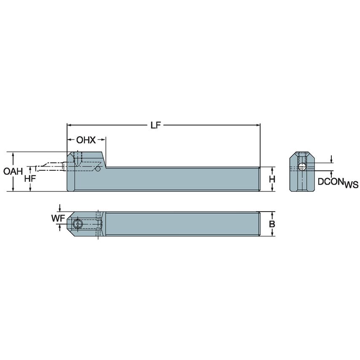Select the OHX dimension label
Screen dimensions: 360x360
tap(86, 140)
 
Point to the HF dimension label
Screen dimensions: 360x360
tap(30, 178)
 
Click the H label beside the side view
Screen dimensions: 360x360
tap(272, 179)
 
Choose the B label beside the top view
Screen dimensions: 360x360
tap(272, 224)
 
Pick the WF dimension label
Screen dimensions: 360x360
tap(57, 218)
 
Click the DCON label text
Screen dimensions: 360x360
tap(330, 182)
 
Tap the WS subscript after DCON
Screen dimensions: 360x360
tap(351, 185)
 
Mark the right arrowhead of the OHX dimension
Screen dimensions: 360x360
tap(103, 140)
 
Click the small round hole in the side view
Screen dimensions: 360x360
tap(98, 169)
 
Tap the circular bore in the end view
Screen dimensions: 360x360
tap(302, 167)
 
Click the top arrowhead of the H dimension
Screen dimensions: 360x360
tap(272, 169)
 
